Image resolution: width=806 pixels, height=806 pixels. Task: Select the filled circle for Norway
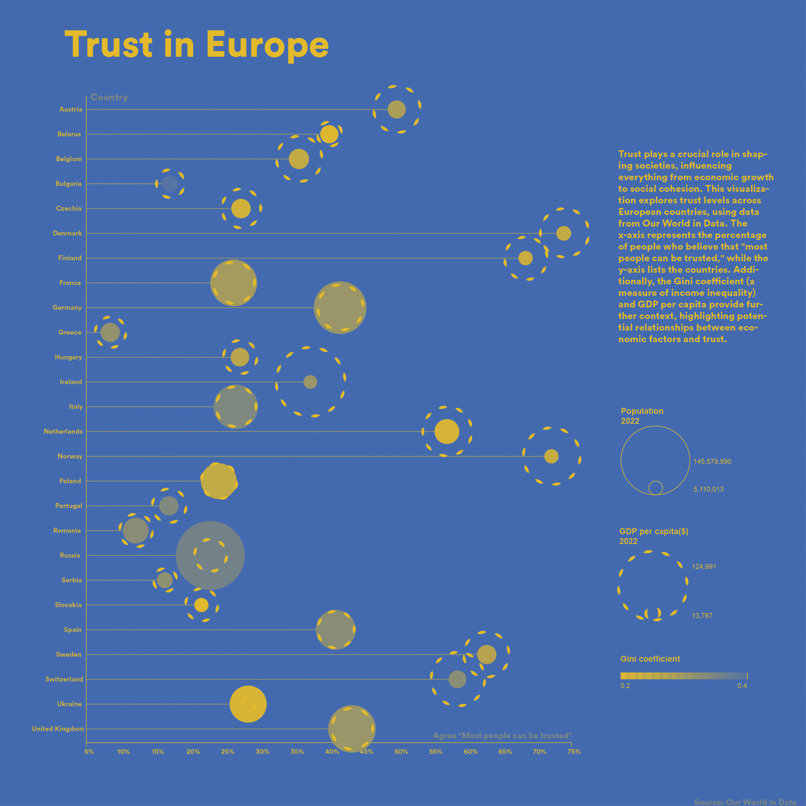click(551, 456)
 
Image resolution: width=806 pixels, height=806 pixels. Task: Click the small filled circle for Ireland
click(310, 382)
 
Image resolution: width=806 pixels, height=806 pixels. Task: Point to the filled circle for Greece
click(110, 332)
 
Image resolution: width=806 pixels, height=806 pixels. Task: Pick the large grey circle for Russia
click(210, 555)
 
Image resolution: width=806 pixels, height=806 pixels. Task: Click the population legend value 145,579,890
click(712, 461)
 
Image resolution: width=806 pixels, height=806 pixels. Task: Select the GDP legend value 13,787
click(702, 616)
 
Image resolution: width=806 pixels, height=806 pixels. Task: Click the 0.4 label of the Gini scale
click(742, 686)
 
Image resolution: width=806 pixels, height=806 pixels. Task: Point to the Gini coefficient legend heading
click(650, 659)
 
